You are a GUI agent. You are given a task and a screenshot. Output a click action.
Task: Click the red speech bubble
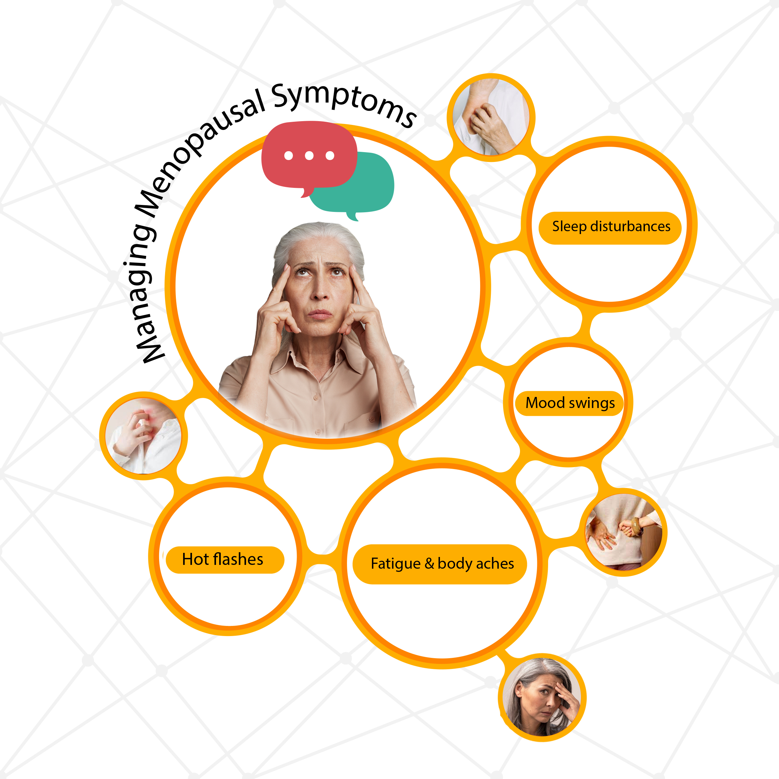pos(308,155)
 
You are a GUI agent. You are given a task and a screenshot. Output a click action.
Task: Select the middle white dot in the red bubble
pos(309,156)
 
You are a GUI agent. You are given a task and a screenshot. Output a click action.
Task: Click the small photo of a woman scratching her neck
pos(143,436)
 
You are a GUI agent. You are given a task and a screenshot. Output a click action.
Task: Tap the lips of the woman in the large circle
pos(321,314)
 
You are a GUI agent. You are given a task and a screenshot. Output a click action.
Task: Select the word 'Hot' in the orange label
pos(195,560)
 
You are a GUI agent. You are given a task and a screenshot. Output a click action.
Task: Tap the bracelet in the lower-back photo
pos(636,526)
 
